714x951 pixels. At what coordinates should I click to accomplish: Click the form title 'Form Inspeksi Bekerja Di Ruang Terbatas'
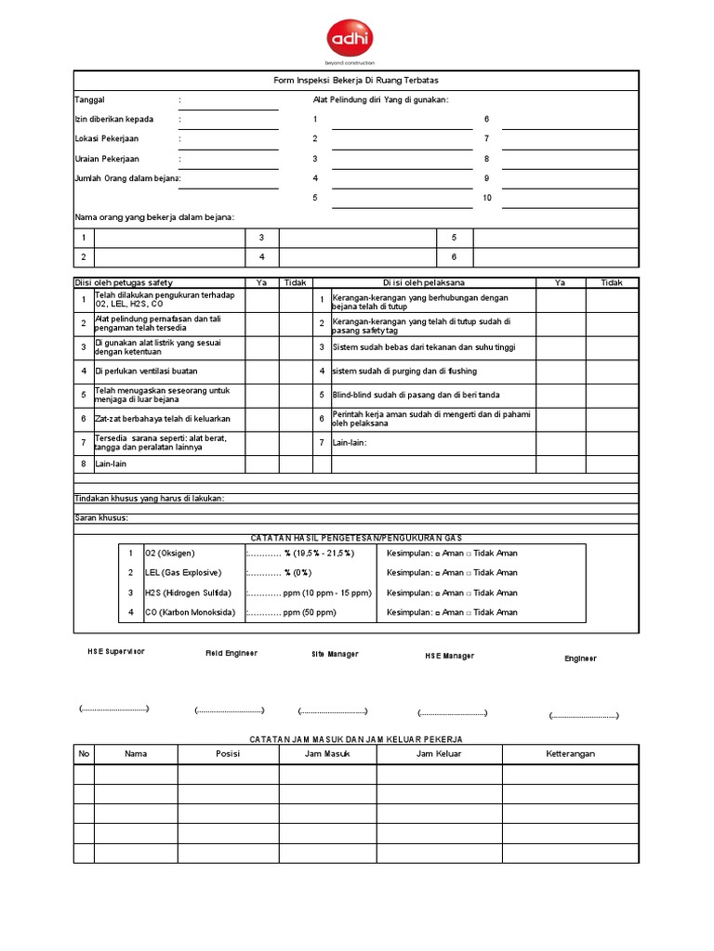point(356,81)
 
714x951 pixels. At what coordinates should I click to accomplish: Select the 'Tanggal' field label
point(89,99)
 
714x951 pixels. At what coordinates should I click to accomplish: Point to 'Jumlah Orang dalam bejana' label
point(127,178)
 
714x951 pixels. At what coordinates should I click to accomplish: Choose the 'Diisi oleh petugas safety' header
point(124,282)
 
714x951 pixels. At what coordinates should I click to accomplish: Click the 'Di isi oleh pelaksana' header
point(424,282)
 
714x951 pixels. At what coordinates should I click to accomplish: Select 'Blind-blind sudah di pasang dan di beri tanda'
point(416,395)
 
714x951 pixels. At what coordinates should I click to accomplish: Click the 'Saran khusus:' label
point(101,517)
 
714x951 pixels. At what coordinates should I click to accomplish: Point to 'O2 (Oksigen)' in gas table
point(170,553)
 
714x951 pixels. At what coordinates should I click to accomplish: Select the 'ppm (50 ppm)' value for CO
point(309,612)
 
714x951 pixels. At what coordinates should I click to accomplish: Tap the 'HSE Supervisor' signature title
point(117,652)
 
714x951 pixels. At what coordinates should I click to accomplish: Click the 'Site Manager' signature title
point(335,654)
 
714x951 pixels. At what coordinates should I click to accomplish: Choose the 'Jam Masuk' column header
point(327,754)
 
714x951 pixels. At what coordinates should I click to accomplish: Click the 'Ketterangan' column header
point(570,754)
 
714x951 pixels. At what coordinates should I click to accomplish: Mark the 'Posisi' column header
point(228,754)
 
